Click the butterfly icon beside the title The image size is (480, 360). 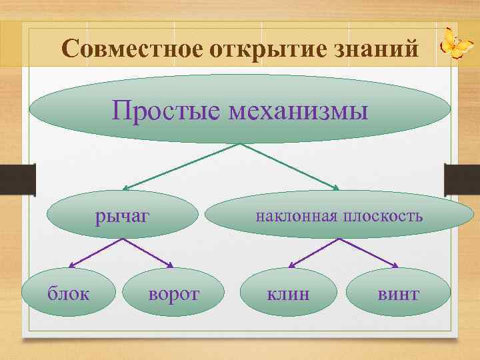point(457,43)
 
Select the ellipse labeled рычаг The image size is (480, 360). point(124,215)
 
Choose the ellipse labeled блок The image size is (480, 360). point(67,293)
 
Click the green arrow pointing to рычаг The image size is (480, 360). point(180,167)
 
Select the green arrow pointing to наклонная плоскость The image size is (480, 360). point(287,167)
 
